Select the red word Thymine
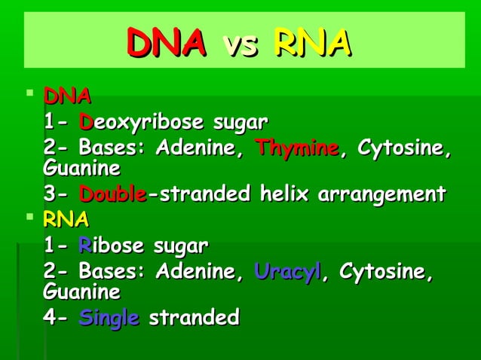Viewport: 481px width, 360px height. pos(296,148)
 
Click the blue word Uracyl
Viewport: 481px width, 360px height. pos(287,272)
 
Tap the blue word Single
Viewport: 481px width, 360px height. pos(109,317)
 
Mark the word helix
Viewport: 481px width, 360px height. pos(283,194)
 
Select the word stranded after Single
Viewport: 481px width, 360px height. pos(194,317)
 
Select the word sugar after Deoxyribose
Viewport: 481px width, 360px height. pos(240,122)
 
